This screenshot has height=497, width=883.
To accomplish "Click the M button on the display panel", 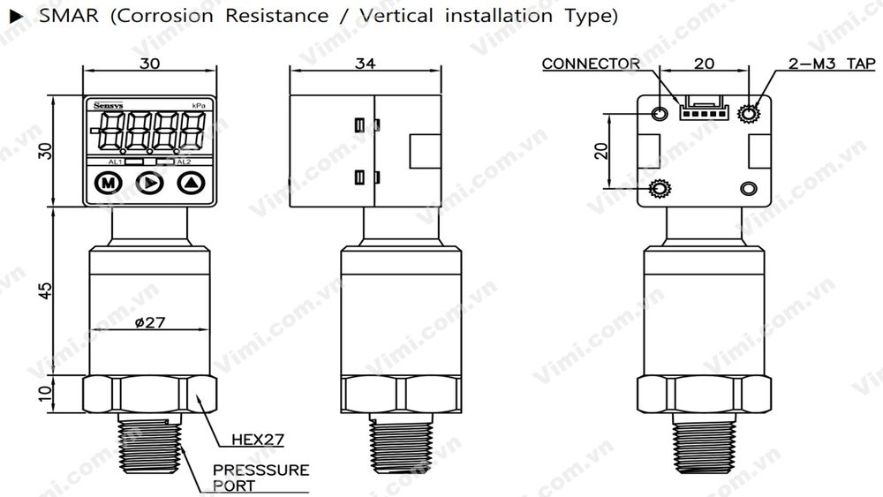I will (x=107, y=184).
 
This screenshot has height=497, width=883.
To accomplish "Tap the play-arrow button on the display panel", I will (x=149, y=184).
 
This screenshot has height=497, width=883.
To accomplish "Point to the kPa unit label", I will (x=199, y=106).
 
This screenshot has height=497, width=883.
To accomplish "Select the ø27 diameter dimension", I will (x=149, y=323).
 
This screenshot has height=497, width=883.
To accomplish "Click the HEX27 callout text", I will (x=257, y=439).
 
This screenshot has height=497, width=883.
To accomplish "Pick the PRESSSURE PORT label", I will (x=260, y=478).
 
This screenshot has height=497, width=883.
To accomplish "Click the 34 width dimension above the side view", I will (x=365, y=64).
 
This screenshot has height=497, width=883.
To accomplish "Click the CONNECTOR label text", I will (x=591, y=64).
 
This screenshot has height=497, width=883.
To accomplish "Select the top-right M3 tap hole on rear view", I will (x=751, y=113).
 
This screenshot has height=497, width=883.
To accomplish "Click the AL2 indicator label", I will (x=183, y=162).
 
